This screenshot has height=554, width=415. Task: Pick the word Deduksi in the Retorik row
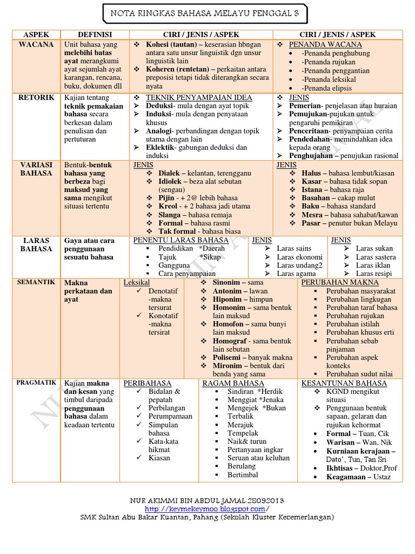(160, 105)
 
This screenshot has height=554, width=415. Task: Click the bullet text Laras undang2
(299, 266)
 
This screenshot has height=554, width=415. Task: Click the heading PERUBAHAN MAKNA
(340, 282)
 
